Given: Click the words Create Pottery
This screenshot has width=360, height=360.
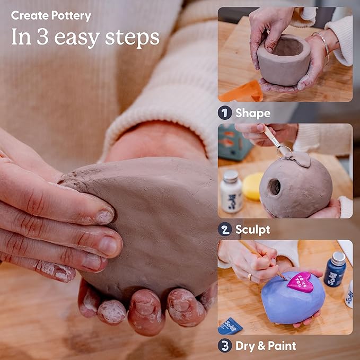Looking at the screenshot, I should tap(51, 16).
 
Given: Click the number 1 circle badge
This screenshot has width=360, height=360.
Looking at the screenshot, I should tap(225, 113).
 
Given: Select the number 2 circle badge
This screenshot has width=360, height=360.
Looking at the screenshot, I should tap(225, 230).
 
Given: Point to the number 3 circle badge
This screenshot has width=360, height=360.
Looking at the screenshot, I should tap(225, 346).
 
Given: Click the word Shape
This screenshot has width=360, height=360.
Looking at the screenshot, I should tap(253, 113).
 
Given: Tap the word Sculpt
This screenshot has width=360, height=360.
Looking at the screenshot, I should tap(253, 230).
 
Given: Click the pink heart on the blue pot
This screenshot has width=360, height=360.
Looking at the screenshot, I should tap(300, 281).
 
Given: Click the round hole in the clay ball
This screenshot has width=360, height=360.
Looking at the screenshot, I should tap(274, 187).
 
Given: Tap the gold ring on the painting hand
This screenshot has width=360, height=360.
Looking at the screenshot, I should tap(250, 276).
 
